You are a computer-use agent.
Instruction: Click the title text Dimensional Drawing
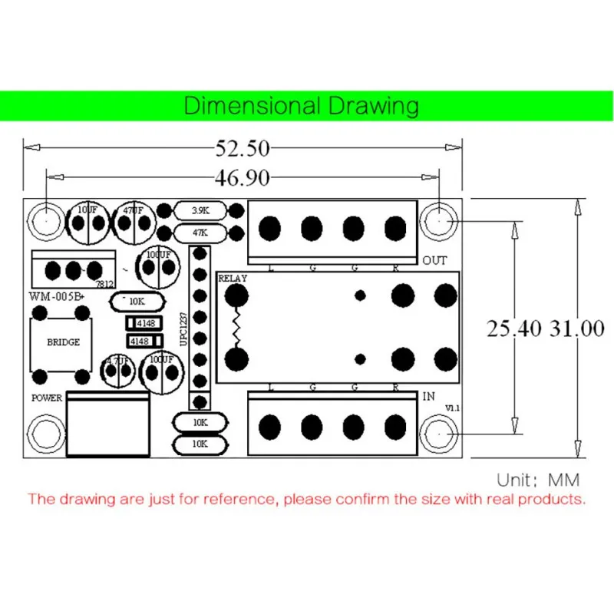coord(302,105)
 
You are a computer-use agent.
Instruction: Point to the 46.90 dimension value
coord(241,178)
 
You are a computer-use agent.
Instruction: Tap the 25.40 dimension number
coord(514,329)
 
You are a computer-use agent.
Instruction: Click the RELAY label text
coord(233,278)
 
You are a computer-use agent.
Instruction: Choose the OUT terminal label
coord(434,261)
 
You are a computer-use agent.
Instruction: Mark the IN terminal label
coord(428,397)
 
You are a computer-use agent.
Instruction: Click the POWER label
coord(46,398)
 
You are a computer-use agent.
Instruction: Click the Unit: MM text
coord(538,480)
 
